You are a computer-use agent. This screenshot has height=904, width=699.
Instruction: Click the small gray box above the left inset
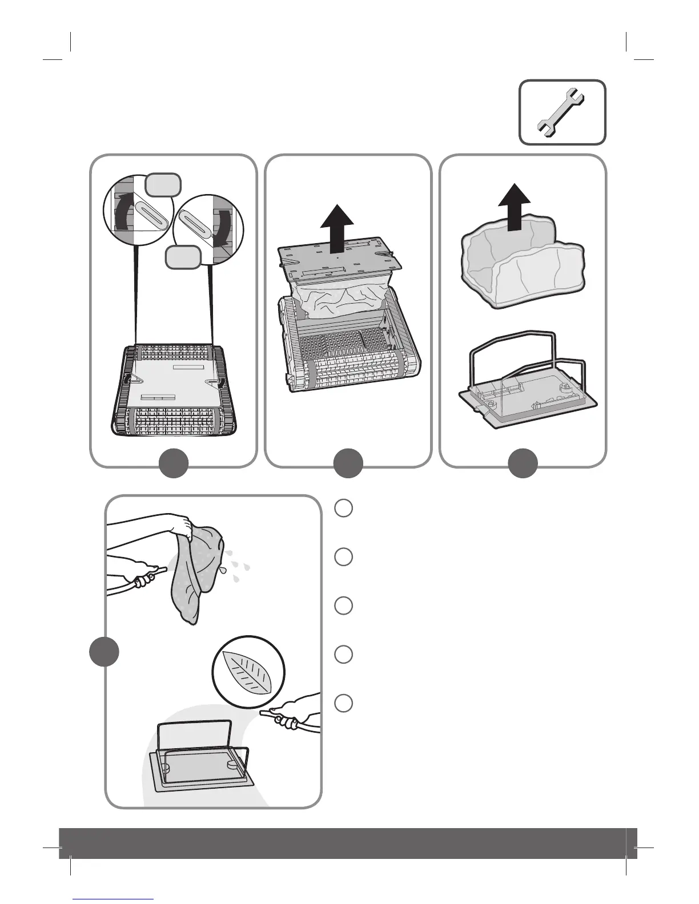click(x=163, y=184)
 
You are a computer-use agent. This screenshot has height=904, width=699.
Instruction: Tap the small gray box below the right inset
click(x=183, y=257)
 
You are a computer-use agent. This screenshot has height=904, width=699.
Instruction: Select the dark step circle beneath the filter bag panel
click(x=523, y=463)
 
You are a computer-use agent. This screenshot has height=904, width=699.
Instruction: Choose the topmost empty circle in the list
click(x=343, y=508)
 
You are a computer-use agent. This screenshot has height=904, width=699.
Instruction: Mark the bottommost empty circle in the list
click(x=343, y=703)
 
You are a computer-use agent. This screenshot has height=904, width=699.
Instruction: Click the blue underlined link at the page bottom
click(x=114, y=899)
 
